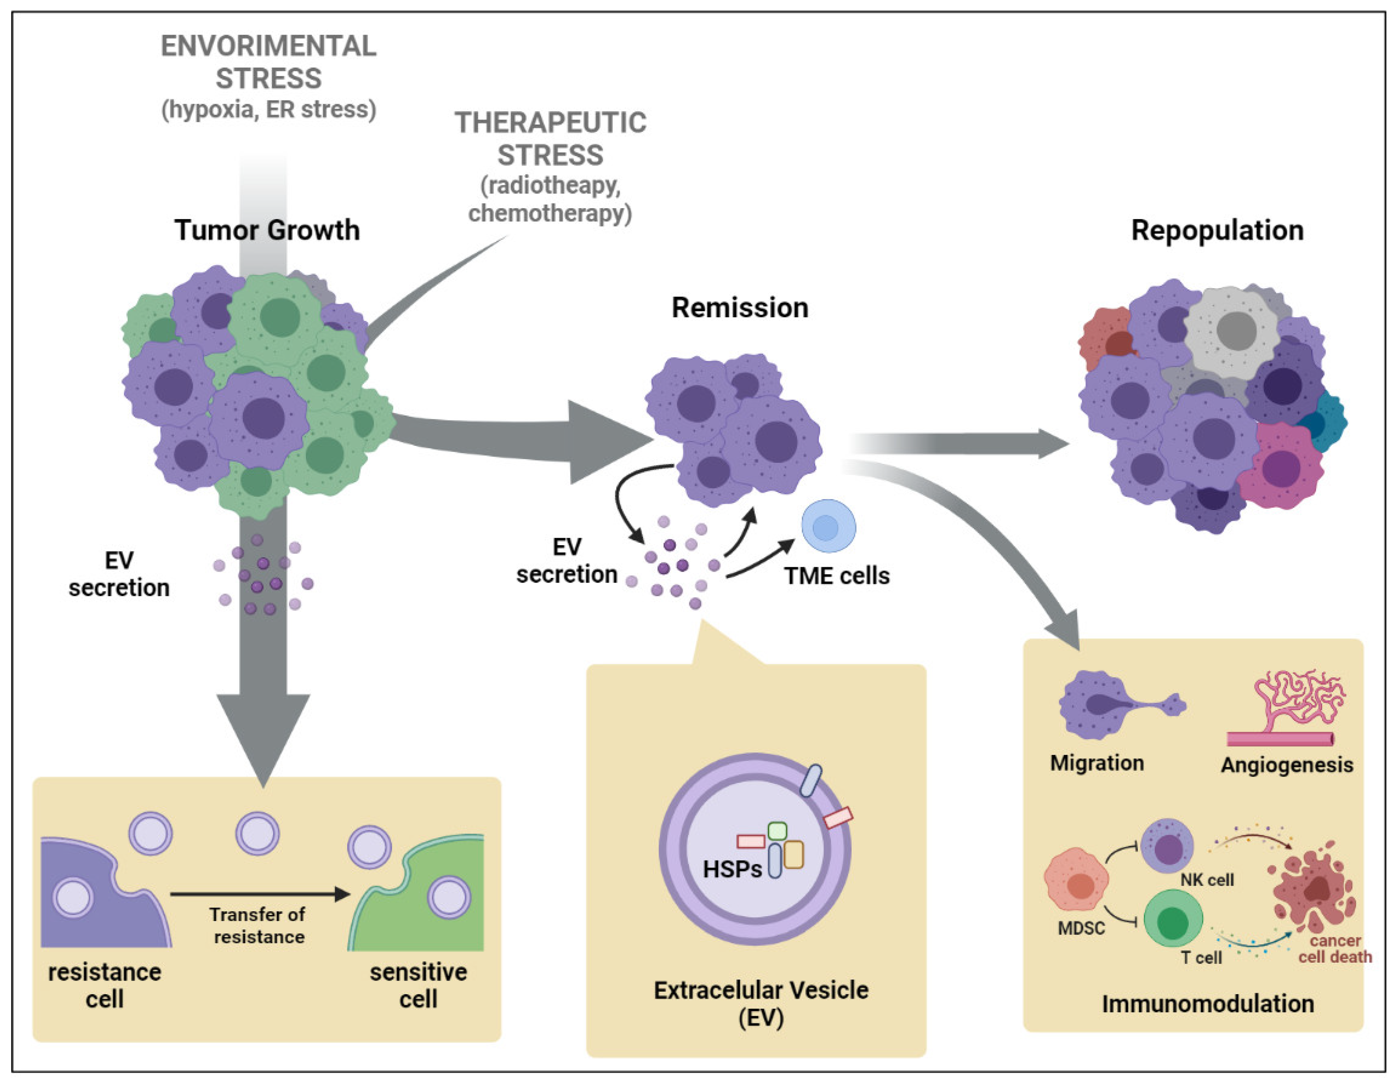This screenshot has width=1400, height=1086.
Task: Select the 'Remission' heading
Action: pos(740,308)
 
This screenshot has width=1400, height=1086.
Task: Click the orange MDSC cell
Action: pos(1076,879)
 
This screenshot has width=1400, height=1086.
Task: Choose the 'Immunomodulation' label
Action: pos(1208,1003)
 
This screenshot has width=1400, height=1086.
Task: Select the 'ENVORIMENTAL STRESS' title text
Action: pos(268,62)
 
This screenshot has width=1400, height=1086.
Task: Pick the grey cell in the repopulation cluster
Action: pos(1231,332)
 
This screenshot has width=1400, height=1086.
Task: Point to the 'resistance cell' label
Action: pos(104,985)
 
